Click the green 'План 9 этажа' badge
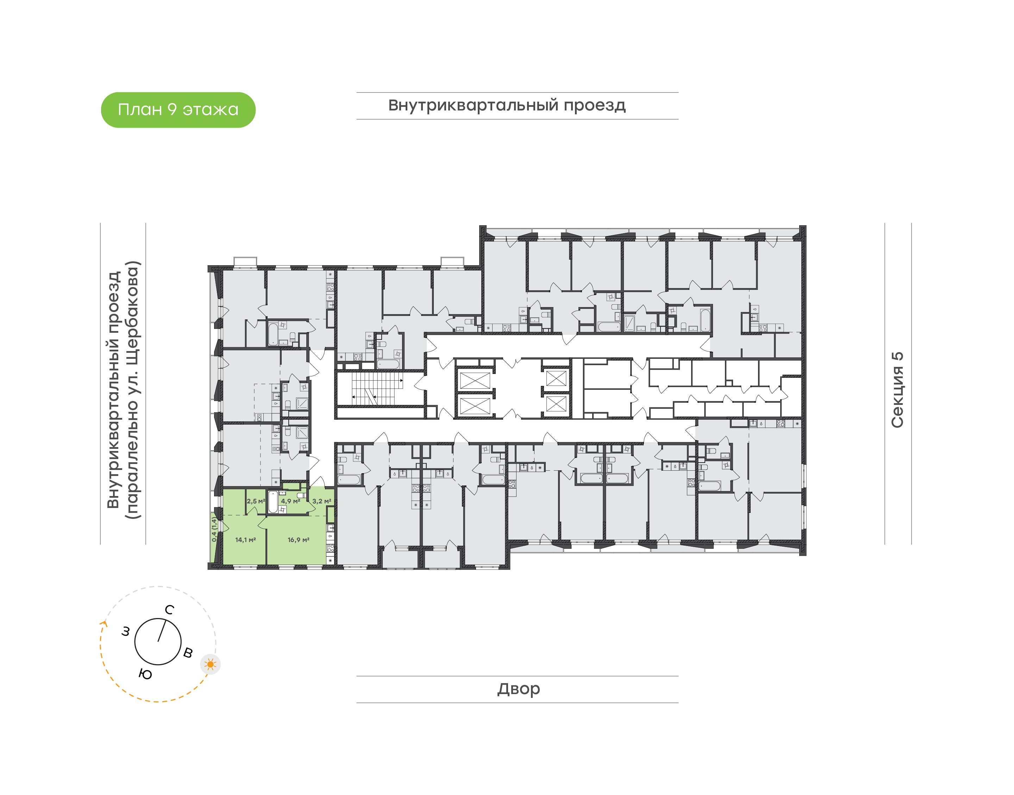click(178, 110)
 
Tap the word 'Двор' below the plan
click(518, 689)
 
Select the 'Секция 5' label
click(897, 390)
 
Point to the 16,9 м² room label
click(299, 540)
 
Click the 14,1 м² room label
click(245, 540)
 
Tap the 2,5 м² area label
click(256, 501)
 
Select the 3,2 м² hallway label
click(322, 501)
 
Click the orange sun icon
click(211, 664)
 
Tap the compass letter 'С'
click(170, 610)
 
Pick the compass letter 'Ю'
click(145, 674)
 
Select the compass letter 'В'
click(188, 653)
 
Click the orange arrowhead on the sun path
click(104, 624)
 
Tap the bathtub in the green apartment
click(273, 502)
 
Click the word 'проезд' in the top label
click(595, 106)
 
